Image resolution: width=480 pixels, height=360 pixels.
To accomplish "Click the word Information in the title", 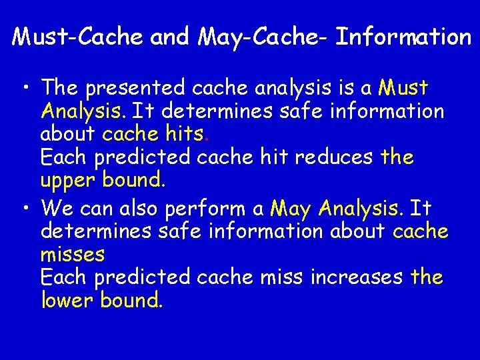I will [403, 37].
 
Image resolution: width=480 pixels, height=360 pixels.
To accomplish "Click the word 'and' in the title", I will [170, 37].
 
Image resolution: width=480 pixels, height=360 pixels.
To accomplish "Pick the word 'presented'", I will [137, 88].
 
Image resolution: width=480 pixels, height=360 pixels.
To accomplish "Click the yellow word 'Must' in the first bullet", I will [403, 88].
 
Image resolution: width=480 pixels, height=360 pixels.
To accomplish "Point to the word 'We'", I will [57, 209].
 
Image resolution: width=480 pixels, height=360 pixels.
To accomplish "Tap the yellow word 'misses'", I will [73, 254].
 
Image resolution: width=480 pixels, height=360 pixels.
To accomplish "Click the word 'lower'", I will [67, 300].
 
